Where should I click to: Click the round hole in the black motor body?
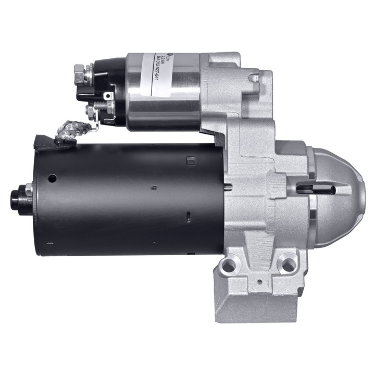point(52,178)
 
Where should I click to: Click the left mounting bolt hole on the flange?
point(228,266)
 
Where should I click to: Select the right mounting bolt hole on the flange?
point(286,264)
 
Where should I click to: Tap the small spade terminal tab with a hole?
point(108,96)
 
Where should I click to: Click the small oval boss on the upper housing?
point(254,79)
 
